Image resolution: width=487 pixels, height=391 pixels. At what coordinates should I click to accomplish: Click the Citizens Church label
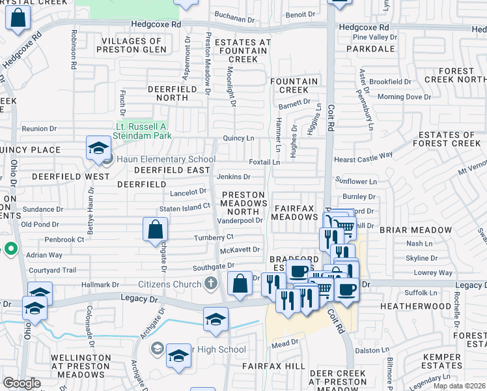(169, 283)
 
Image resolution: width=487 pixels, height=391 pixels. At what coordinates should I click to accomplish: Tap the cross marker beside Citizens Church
(210, 283)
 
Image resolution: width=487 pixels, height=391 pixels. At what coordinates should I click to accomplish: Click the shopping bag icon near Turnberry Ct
(155, 229)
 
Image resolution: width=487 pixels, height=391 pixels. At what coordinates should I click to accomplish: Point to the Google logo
(21, 383)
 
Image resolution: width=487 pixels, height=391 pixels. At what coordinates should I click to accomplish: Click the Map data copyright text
(459, 386)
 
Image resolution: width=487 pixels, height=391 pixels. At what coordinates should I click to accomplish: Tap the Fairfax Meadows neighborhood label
(295, 212)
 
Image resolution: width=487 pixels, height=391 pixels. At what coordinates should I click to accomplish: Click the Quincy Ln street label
(238, 138)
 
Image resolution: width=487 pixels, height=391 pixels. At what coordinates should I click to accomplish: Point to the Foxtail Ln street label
(264, 162)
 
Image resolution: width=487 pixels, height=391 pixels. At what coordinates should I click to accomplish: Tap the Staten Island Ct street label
(186, 207)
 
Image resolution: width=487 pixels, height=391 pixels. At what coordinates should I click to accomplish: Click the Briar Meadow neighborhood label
(424, 230)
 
